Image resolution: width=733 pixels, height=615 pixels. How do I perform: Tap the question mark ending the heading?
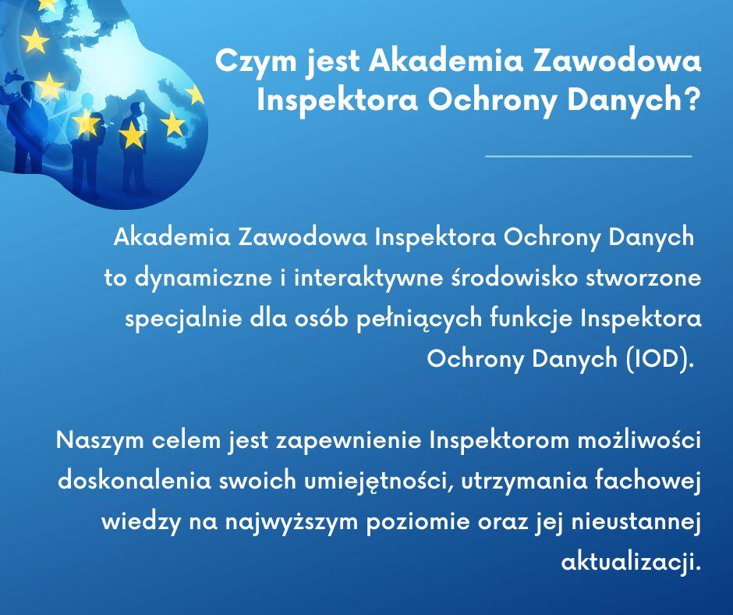692,99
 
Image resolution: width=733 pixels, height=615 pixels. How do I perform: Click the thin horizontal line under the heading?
589,156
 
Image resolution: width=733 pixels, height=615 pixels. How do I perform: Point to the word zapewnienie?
349,441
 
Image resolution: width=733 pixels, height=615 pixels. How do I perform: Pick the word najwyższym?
291,522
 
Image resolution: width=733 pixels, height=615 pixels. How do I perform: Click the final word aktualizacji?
632,562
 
